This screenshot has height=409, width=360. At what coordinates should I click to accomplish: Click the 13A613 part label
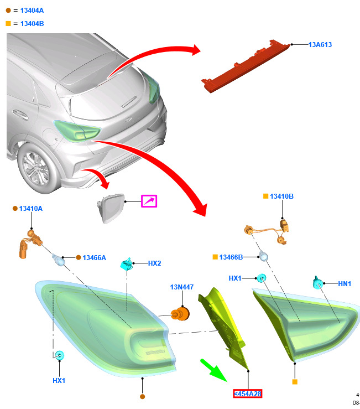pos(320,45)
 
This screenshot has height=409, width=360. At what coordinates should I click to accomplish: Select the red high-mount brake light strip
pos(245,66)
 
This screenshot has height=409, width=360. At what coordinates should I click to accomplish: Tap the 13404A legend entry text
pos(32,11)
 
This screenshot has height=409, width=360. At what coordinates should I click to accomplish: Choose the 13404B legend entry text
pos(32,24)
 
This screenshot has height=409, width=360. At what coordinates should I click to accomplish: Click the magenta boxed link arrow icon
pos(149,201)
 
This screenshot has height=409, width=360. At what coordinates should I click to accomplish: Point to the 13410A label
pos(31,209)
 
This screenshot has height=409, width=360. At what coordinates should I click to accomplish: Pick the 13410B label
pos(281,196)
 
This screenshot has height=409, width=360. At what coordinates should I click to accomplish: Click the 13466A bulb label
pos(94,258)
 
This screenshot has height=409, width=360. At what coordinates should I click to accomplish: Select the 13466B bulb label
pos(231,257)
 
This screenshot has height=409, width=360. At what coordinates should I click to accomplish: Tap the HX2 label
pos(154,263)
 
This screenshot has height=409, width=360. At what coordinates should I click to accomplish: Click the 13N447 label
pos(182,287)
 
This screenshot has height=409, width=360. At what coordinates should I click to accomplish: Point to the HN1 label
pos(345,283)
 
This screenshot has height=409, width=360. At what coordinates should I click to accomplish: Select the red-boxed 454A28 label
pos(247,394)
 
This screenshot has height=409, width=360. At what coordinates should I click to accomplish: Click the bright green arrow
pos(213,370)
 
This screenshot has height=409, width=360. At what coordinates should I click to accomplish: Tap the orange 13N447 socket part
pos(180,314)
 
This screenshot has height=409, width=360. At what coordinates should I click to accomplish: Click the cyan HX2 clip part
pos(127,264)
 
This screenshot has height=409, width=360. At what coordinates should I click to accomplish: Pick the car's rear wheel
pos(36,168)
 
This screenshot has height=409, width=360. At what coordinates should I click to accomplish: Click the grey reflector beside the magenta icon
pos(111,208)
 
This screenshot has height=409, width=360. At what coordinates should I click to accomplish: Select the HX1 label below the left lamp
pos(59,381)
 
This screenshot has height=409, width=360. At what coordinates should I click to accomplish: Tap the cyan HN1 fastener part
pos(318,283)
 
